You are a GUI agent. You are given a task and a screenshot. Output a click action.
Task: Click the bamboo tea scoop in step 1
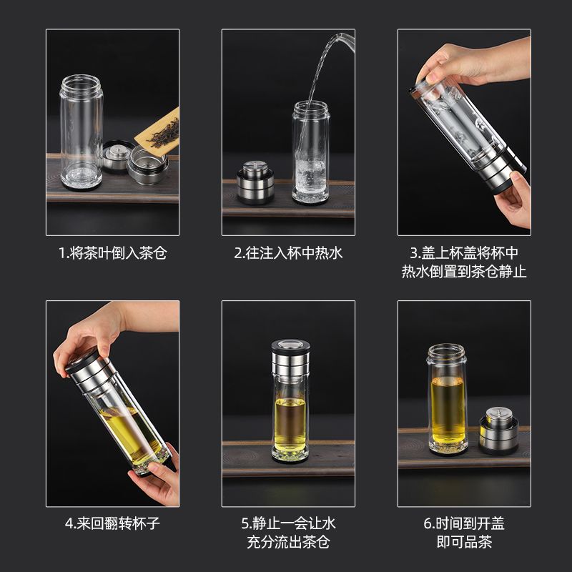(157, 132)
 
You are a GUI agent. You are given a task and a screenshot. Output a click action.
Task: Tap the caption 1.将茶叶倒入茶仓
(113, 253)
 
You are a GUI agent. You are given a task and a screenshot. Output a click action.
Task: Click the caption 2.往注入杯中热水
(288, 253)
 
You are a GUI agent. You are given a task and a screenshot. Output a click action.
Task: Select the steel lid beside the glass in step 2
(255, 182)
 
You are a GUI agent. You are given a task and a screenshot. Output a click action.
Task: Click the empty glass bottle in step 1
(82, 132)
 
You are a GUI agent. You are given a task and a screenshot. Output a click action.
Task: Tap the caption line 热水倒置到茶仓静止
(464, 272)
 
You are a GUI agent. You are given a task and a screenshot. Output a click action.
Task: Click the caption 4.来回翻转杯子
(113, 523)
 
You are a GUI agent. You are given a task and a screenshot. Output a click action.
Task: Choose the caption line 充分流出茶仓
(288, 542)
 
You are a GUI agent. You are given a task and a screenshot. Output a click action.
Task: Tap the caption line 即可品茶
(464, 542)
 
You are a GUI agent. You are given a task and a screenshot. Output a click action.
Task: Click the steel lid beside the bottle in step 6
(498, 430)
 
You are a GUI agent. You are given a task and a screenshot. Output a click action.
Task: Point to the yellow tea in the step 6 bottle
(448, 410)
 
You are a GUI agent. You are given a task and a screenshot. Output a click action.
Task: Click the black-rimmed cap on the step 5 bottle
(290, 347)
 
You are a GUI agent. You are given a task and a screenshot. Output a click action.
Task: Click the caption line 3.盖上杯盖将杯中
(464, 253)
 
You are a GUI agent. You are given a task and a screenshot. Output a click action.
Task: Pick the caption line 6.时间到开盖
(464, 523)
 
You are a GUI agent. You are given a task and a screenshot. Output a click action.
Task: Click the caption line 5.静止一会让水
(288, 523)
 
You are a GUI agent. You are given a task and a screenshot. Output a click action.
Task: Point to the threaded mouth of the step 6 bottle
(446, 352)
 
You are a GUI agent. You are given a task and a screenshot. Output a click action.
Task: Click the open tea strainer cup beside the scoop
(148, 164)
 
